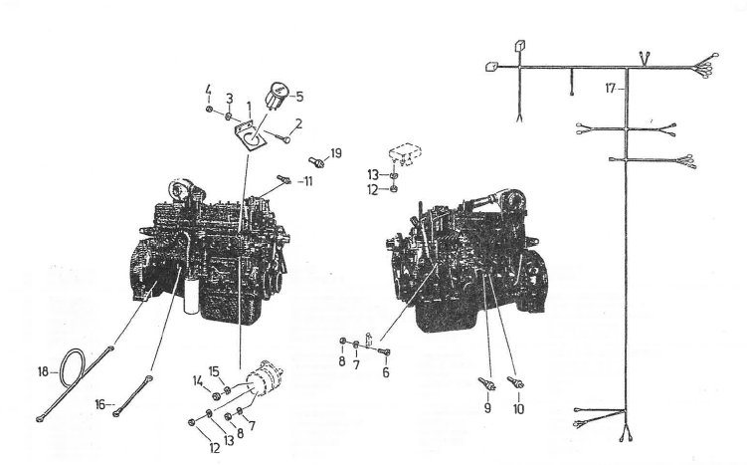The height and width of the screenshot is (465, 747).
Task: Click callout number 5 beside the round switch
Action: pyautogui.click(x=299, y=97)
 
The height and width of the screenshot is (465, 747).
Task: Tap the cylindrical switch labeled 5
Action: pyautogui.click(x=277, y=97)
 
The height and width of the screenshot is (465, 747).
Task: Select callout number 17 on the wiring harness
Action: pyautogui.click(x=611, y=89)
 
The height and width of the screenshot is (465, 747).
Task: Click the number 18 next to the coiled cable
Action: pyautogui.click(x=43, y=371)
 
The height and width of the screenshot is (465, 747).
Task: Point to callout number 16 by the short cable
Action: pyautogui.click(x=99, y=405)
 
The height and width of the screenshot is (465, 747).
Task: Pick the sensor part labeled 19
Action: pyautogui.click(x=317, y=161)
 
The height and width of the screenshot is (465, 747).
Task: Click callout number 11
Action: pyautogui.click(x=307, y=181)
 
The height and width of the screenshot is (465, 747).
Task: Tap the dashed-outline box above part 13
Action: pyautogui.click(x=406, y=154)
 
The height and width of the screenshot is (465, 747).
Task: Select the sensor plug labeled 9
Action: pyautogui.click(x=486, y=383)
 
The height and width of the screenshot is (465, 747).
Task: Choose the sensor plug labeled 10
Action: pyautogui.click(x=515, y=382)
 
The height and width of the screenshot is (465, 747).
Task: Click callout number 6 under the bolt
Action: pyautogui.click(x=385, y=372)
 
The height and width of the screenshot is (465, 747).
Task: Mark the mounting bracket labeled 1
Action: pyautogui.click(x=250, y=136)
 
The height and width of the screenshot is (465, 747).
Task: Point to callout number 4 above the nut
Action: pyautogui.click(x=208, y=90)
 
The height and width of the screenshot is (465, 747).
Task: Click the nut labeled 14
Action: pyautogui.click(x=215, y=395)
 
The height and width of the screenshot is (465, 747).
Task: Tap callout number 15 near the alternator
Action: pyautogui.click(x=214, y=371)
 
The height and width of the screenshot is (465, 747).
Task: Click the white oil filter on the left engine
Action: pyautogui.click(x=191, y=298)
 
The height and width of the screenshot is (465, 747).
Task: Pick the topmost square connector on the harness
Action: pyautogui.click(x=519, y=46)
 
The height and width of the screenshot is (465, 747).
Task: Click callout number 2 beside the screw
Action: pyautogui.click(x=298, y=124)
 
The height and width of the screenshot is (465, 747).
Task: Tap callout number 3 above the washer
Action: pyautogui.click(x=230, y=99)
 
